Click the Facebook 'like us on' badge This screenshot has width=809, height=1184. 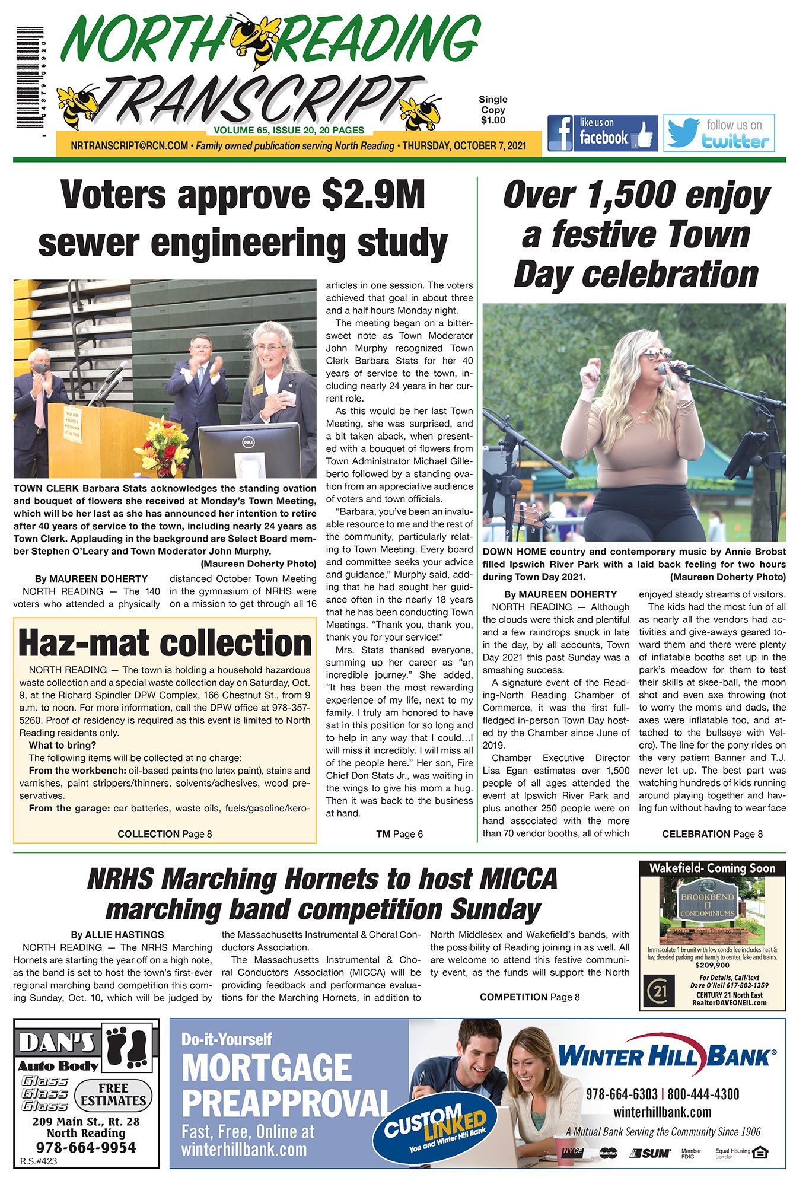click(602, 133)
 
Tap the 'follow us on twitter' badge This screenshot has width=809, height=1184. click(719, 133)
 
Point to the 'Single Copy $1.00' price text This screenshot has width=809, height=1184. click(493, 110)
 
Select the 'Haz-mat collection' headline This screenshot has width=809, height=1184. click(165, 643)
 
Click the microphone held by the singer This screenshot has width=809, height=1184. click(673, 368)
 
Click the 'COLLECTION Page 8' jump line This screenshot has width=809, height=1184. click(165, 834)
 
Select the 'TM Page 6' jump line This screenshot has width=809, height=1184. click(399, 834)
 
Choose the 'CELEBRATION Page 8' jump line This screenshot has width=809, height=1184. click(712, 834)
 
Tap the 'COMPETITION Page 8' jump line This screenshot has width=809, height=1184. click(530, 997)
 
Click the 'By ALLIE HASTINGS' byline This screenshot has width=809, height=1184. click(117, 935)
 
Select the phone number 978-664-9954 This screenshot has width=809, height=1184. click(86, 1147)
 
